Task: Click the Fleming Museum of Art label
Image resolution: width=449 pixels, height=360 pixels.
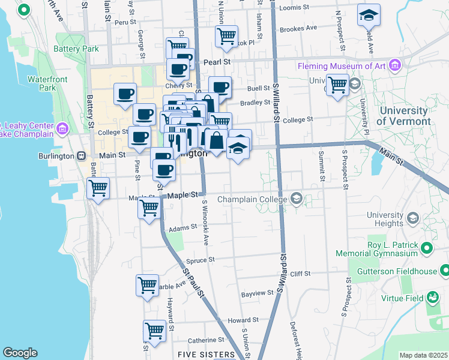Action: click(342, 66)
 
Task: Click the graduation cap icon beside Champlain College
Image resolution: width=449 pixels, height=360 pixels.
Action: click(296, 199)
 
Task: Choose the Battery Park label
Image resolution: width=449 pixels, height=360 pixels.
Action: click(76, 49)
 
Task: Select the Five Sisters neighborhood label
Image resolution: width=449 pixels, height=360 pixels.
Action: click(206, 355)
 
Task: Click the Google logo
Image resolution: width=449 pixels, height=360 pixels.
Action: click(20, 353)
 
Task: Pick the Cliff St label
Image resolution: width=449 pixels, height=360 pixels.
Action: click(300, 274)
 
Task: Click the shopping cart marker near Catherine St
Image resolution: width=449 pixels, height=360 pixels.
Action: click(154, 329)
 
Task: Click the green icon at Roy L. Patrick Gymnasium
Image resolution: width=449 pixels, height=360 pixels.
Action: click(426, 248)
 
